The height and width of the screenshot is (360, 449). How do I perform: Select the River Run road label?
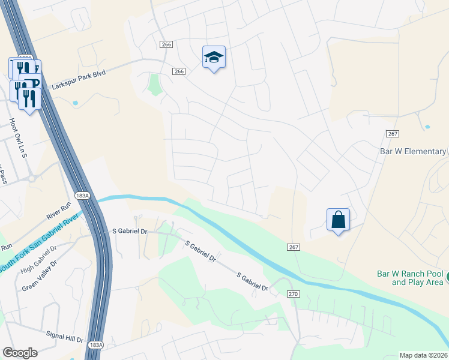(x=59, y=215)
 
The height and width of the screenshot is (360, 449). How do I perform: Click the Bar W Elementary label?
(x=413, y=151)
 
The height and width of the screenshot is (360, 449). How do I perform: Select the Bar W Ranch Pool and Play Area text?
(x=410, y=277)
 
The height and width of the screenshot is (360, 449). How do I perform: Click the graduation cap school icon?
(x=214, y=57)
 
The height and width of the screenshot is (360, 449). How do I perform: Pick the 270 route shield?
(x=292, y=293)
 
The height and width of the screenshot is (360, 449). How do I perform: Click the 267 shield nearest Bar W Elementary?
(x=393, y=134)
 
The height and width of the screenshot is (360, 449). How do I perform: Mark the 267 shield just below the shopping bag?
(x=293, y=247)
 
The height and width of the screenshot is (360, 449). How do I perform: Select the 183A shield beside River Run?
(x=83, y=196)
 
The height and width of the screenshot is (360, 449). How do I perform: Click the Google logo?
(x=20, y=353)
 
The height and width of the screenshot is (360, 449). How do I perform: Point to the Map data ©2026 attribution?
(x=423, y=355)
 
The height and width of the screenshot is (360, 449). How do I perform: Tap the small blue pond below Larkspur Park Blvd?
(x=75, y=103)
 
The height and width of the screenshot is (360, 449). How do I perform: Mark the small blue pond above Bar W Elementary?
(x=427, y=127)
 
